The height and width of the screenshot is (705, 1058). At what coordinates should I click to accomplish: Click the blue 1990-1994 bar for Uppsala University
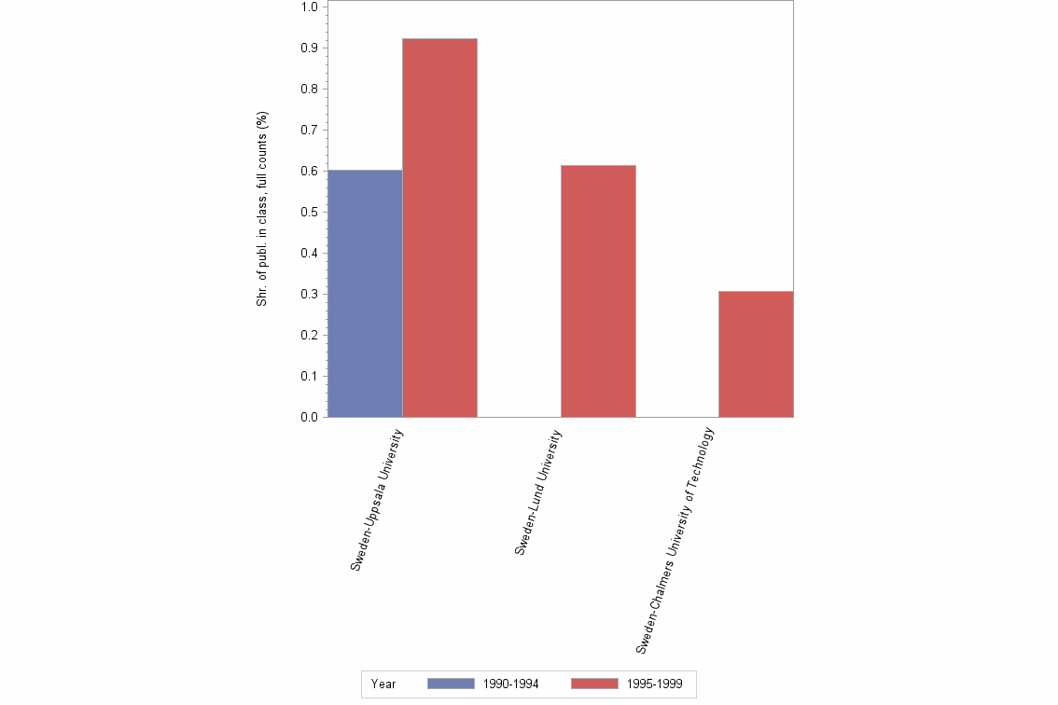(x=365, y=294)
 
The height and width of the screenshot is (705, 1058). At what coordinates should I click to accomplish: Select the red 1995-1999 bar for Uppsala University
(x=439, y=228)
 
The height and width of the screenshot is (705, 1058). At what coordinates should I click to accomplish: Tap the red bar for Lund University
(x=598, y=291)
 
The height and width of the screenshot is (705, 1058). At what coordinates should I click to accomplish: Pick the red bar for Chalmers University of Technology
(x=756, y=354)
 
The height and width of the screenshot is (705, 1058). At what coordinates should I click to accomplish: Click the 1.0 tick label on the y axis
(x=310, y=7)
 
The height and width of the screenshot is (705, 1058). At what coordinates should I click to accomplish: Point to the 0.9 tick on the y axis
(x=310, y=48)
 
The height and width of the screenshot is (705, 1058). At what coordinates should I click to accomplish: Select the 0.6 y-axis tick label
(x=310, y=171)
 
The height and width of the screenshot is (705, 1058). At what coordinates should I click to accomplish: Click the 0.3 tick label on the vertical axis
(x=310, y=294)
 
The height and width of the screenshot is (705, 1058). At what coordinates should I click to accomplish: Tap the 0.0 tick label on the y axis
(x=310, y=417)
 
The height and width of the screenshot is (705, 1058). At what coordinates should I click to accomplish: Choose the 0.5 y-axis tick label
(x=310, y=212)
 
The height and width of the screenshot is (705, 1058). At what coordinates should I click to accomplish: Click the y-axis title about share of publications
(x=262, y=210)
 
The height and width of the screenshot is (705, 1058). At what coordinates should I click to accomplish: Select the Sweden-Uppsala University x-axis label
(x=377, y=500)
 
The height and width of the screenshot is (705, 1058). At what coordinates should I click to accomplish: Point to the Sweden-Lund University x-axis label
(x=538, y=492)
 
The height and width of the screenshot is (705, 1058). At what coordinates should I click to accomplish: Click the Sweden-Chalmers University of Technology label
(x=675, y=539)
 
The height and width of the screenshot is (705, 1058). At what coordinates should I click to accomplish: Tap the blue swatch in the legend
(x=451, y=684)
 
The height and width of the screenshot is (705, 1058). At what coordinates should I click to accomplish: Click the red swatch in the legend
(x=594, y=684)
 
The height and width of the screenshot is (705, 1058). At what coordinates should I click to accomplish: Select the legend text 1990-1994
(x=510, y=684)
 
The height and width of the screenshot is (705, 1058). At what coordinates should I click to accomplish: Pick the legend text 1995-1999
(x=654, y=684)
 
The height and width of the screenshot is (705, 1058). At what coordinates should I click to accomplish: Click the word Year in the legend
(x=383, y=684)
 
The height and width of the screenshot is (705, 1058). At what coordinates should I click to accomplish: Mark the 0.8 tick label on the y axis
(x=310, y=89)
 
